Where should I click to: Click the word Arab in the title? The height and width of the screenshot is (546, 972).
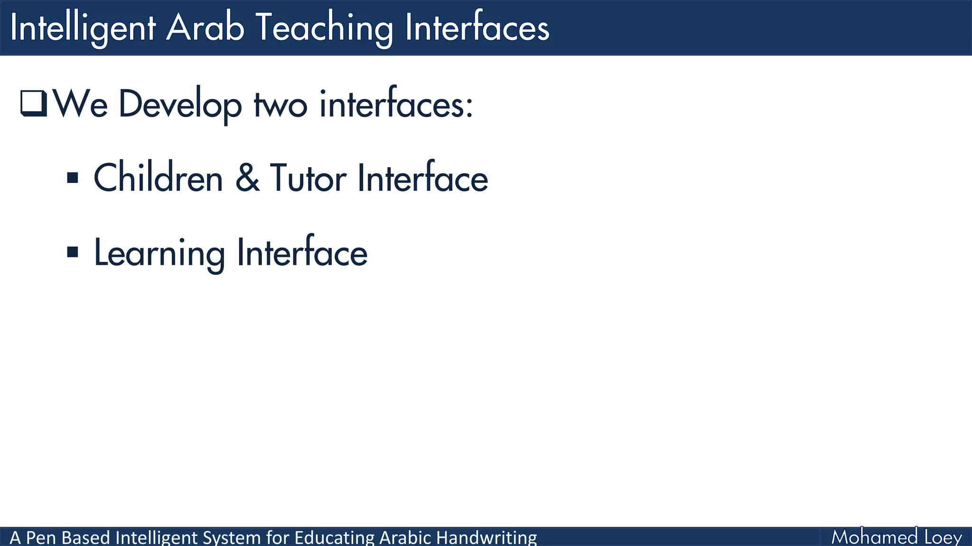pyautogui.click(x=205, y=27)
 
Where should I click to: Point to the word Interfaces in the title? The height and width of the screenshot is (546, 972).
pyautogui.click(x=477, y=27)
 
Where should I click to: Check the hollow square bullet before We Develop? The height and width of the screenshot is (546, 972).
pyautogui.click(x=34, y=103)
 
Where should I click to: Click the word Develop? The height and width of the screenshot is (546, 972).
pyautogui.click(x=180, y=104)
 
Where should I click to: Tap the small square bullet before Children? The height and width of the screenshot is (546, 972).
pyautogui.click(x=73, y=178)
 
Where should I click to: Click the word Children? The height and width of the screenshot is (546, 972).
pyautogui.click(x=158, y=178)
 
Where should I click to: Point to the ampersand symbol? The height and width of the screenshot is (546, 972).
pyautogui.click(x=247, y=178)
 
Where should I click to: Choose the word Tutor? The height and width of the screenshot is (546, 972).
pyautogui.click(x=308, y=178)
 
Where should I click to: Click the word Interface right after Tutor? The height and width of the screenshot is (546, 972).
pyautogui.click(x=422, y=178)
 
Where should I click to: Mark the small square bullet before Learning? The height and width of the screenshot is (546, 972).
pyautogui.click(x=73, y=252)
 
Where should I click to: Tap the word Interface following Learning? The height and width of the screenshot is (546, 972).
pyautogui.click(x=302, y=253)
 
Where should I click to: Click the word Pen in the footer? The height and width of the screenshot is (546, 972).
pyautogui.click(x=41, y=537)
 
